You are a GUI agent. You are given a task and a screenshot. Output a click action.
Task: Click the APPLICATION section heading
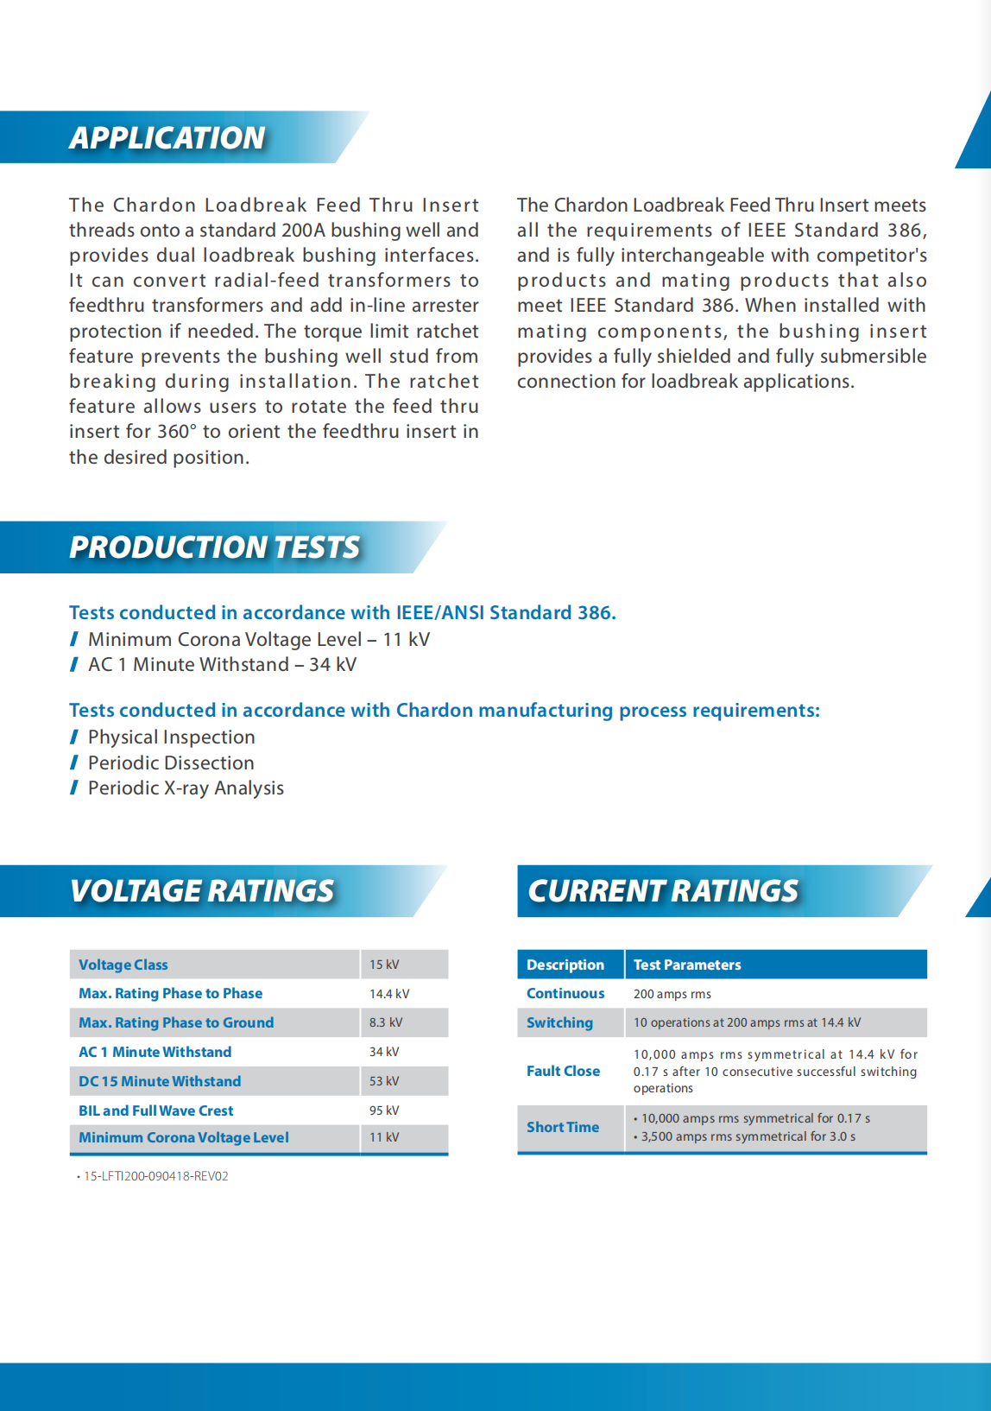[x=167, y=138]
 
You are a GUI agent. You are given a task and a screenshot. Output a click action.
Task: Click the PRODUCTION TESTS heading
[x=214, y=547]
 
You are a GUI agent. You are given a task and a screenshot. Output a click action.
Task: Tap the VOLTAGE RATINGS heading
[x=202, y=891]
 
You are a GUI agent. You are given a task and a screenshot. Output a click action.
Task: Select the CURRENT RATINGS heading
[x=663, y=891]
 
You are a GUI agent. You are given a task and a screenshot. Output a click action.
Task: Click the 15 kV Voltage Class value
[x=384, y=965]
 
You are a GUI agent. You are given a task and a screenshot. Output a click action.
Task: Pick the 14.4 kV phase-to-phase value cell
[x=389, y=994]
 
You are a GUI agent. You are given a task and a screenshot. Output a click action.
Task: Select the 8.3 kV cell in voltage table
[x=386, y=1022]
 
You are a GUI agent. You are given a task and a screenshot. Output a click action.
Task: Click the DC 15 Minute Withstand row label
[x=160, y=1081]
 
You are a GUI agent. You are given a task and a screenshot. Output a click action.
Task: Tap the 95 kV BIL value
[x=384, y=1110]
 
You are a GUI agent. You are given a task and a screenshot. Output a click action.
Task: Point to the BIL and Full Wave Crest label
[x=156, y=1110]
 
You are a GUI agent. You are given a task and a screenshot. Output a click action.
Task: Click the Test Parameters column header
[x=687, y=965]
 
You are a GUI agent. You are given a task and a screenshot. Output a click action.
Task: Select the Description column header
[x=565, y=965]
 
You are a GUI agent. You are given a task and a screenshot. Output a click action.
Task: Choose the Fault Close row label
[x=563, y=1071]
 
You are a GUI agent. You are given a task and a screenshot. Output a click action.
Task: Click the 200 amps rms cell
[x=672, y=994]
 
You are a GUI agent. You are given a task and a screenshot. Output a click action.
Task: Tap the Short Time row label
[x=563, y=1127]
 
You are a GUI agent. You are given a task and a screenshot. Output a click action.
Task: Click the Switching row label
[x=559, y=1022]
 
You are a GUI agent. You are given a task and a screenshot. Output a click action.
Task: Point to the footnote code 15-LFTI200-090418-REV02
[x=156, y=1176]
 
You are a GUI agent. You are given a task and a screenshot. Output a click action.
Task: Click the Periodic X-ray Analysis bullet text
[x=186, y=788]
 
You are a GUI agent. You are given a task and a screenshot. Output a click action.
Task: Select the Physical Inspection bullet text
[x=172, y=737]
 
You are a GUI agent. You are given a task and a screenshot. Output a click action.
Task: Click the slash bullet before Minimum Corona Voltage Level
[x=74, y=640]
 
